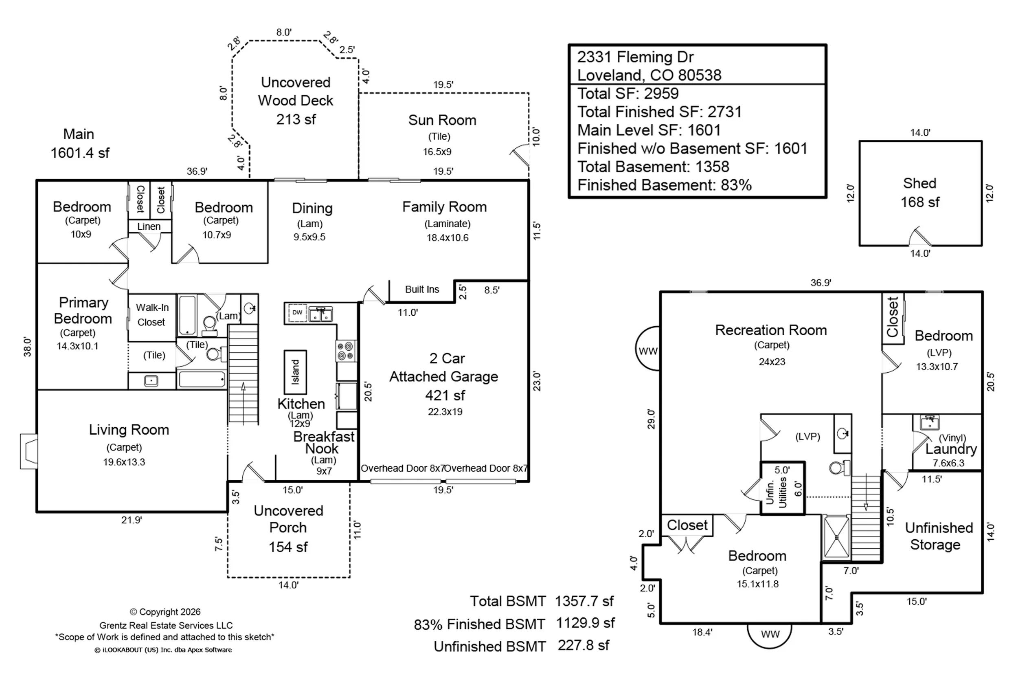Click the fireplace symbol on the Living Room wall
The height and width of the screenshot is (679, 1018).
(x=29, y=451)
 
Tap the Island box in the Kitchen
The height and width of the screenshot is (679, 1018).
(x=295, y=372)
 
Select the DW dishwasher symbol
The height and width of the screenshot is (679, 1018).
(x=297, y=312)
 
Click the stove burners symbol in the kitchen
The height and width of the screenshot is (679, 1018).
(x=345, y=351)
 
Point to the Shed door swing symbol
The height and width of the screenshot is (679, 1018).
(x=919, y=236)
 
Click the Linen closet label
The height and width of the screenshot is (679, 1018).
(x=149, y=226)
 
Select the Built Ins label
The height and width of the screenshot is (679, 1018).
(x=422, y=289)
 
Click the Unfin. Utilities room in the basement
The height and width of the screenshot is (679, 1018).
(x=783, y=488)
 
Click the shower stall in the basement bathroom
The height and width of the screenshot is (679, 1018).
(x=836, y=537)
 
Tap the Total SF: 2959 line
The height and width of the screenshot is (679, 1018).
(x=628, y=94)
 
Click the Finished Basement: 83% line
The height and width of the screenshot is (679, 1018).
(x=665, y=185)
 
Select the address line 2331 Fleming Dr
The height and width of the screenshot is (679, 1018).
(x=635, y=57)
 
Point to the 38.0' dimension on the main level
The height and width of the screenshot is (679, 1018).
(x=28, y=347)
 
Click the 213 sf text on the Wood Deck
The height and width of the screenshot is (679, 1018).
(x=296, y=119)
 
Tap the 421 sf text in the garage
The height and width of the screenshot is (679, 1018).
(x=445, y=396)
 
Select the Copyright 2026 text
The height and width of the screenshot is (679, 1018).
(x=165, y=612)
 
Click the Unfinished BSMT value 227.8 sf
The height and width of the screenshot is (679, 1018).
(x=584, y=646)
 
